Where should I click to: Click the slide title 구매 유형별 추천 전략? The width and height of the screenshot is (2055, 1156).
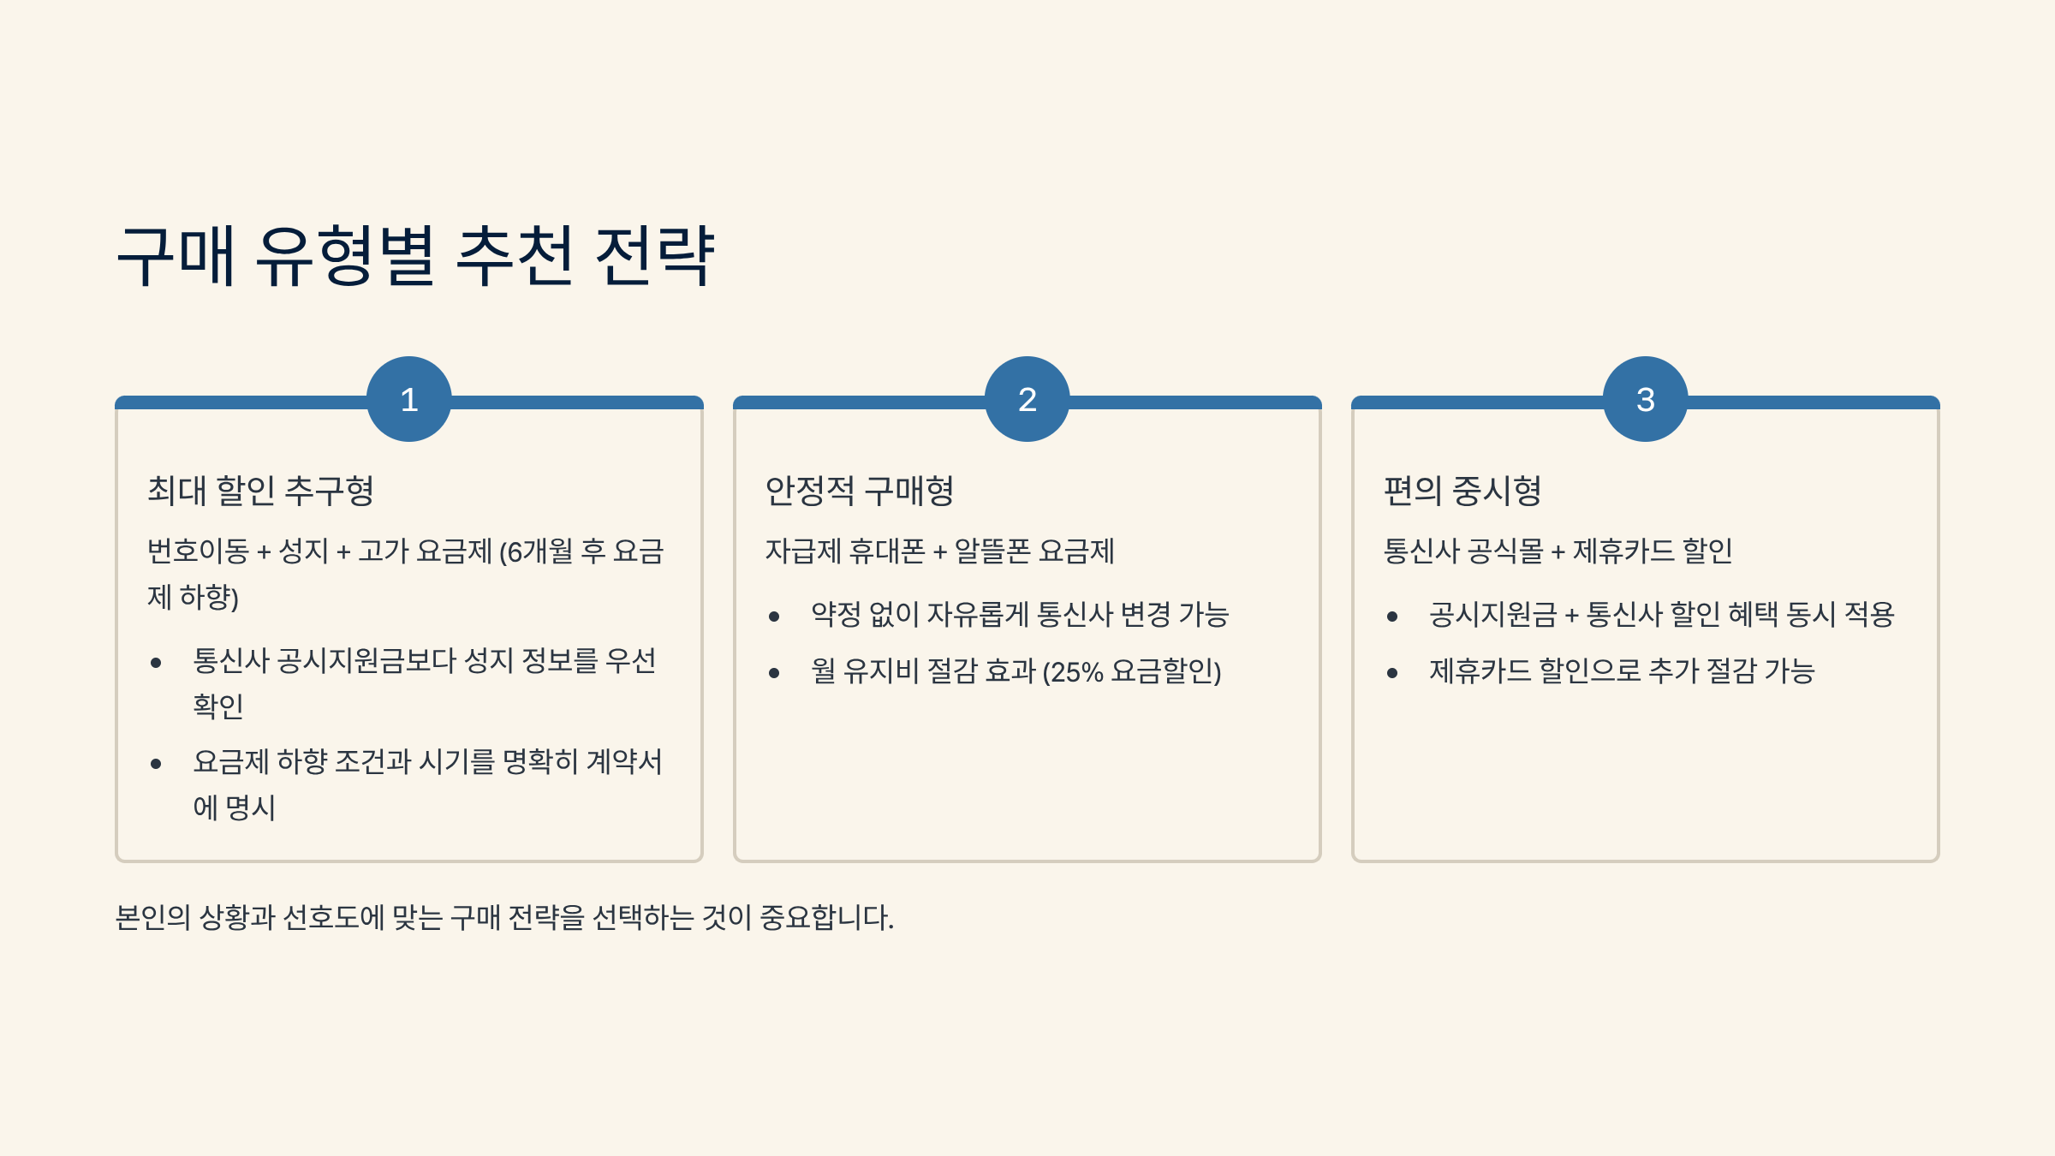coord(415,256)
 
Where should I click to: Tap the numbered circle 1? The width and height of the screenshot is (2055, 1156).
coord(409,399)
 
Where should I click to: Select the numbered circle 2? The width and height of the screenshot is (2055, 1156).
coord(1027,399)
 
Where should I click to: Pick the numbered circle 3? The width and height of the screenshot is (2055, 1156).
coord(1645,399)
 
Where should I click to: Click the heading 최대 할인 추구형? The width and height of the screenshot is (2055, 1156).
coord(261,491)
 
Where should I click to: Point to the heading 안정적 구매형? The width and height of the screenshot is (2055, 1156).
coord(860,491)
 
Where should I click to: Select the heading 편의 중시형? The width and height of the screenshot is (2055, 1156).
coord(1462,491)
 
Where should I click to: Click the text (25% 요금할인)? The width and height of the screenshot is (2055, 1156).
coord(1131,671)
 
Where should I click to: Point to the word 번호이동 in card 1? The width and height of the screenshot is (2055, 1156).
coord(198,551)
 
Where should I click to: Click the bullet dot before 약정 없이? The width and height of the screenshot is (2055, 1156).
coord(774,617)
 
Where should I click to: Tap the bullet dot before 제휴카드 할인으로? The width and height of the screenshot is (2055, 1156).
coord(1392,673)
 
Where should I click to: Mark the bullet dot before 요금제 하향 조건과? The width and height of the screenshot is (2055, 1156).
coord(156,764)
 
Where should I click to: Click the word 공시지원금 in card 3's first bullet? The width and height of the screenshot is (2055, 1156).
coord(1492,615)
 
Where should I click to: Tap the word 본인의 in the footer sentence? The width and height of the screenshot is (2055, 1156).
coord(152,918)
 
